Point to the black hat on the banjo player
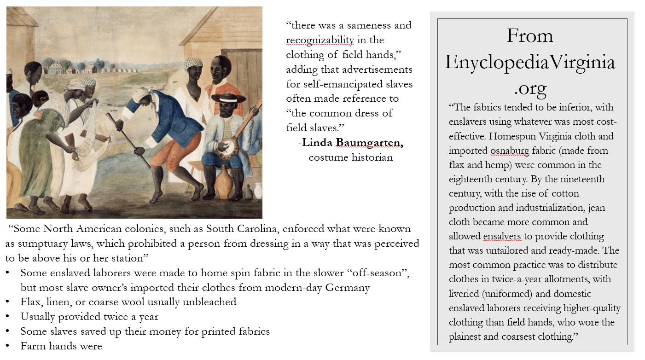click(x=228, y=98)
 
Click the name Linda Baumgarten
click(x=353, y=143)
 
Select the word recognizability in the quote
click(x=320, y=40)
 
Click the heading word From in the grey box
click(x=530, y=35)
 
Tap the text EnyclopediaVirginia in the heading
click(x=530, y=62)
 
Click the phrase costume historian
click(x=350, y=157)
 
